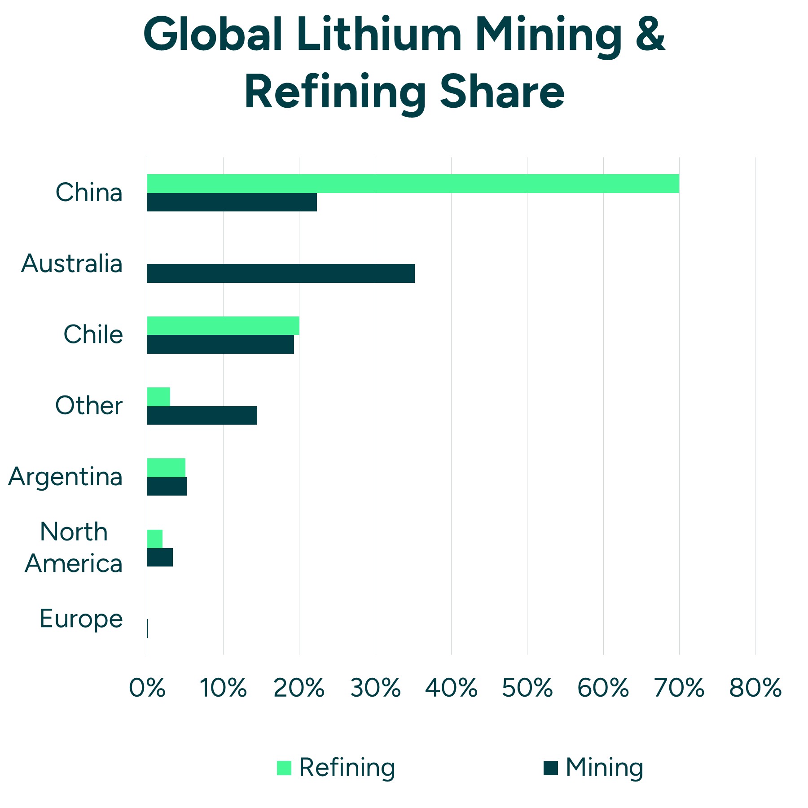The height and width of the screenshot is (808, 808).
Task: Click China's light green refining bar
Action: (413, 184)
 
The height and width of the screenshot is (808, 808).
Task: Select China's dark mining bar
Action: (232, 202)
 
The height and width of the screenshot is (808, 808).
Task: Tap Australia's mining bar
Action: (281, 273)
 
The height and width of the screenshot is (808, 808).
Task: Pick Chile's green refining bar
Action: (223, 325)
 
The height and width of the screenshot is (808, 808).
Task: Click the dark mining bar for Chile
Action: (220, 344)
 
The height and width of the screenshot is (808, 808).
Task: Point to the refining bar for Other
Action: (158, 396)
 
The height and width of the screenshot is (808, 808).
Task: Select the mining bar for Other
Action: (202, 415)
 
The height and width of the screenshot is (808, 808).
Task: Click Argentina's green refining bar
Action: (166, 467)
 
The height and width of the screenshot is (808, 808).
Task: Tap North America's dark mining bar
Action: (160, 557)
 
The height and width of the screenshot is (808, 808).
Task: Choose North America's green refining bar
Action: (155, 538)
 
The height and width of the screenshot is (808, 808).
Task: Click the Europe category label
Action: (81, 619)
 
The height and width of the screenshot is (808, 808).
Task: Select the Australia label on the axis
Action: (72, 263)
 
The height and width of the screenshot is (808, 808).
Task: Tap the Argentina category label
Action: (66, 477)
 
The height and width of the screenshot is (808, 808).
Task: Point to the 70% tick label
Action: (679, 688)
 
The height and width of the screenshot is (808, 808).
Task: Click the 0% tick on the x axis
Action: (147, 688)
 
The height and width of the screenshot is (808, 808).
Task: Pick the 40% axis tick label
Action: (451, 688)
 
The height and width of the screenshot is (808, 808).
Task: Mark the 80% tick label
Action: (755, 688)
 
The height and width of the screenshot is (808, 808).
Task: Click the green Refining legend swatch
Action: (284, 768)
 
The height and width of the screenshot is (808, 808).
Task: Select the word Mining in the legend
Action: (604, 768)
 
